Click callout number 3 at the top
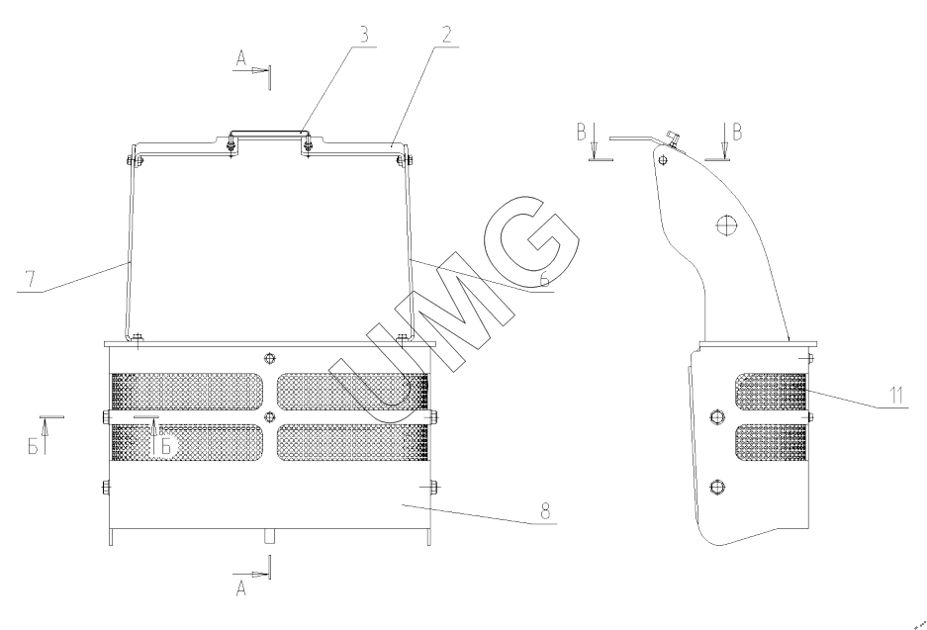point(365,35)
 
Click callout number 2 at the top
point(446,35)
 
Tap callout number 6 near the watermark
point(544,278)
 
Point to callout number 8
point(545,510)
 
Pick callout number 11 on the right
point(896,395)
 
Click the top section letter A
point(241,58)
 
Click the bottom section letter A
point(241,588)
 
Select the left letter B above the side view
point(582,133)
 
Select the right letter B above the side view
point(737,133)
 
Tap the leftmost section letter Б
point(33,446)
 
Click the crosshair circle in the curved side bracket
point(725,225)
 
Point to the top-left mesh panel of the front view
point(187,392)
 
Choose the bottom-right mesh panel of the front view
point(352,443)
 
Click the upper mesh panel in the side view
point(771,392)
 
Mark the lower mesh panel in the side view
point(771,443)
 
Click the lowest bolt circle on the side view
point(717,487)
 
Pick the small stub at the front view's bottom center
point(269,536)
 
